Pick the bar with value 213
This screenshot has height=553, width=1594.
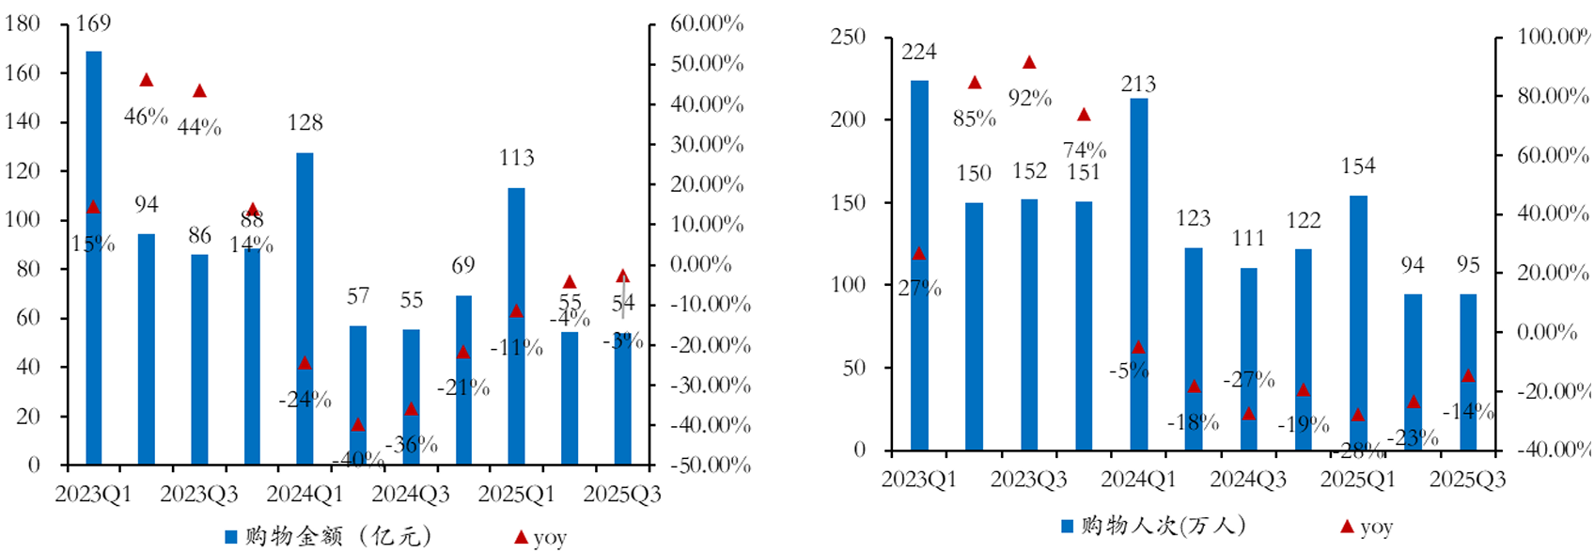pyautogui.click(x=1138, y=274)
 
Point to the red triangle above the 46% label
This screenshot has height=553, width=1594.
pyautogui.click(x=147, y=81)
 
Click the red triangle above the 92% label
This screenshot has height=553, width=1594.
pyautogui.click(x=1029, y=63)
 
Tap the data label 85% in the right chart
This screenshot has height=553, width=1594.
pyautogui.click(x=975, y=118)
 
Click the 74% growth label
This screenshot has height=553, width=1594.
pyautogui.click(x=1085, y=150)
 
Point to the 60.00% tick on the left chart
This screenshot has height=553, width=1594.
pyautogui.click(x=707, y=24)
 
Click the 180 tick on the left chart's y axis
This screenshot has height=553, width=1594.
pyautogui.click(x=23, y=24)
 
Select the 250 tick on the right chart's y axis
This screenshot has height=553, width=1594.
pyautogui.click(x=848, y=37)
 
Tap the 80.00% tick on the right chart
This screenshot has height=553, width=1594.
pyautogui.click(x=1553, y=96)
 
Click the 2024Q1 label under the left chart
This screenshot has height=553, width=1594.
pyautogui.click(x=305, y=494)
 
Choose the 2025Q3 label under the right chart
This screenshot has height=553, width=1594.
pyautogui.click(x=1467, y=480)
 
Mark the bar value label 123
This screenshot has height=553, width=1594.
pyautogui.click(x=1193, y=218)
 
